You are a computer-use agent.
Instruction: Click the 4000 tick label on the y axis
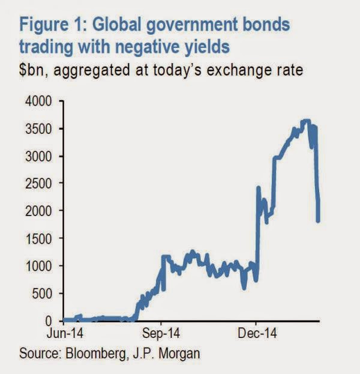37,101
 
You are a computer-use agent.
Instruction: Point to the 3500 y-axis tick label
37,128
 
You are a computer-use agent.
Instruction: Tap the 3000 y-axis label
37,156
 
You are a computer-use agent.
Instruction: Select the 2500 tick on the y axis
37,183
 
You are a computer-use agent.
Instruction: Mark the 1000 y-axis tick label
37,266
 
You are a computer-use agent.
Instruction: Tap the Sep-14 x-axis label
160,332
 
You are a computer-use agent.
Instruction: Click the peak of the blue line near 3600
306,121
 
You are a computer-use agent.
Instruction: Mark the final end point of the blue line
318,220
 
